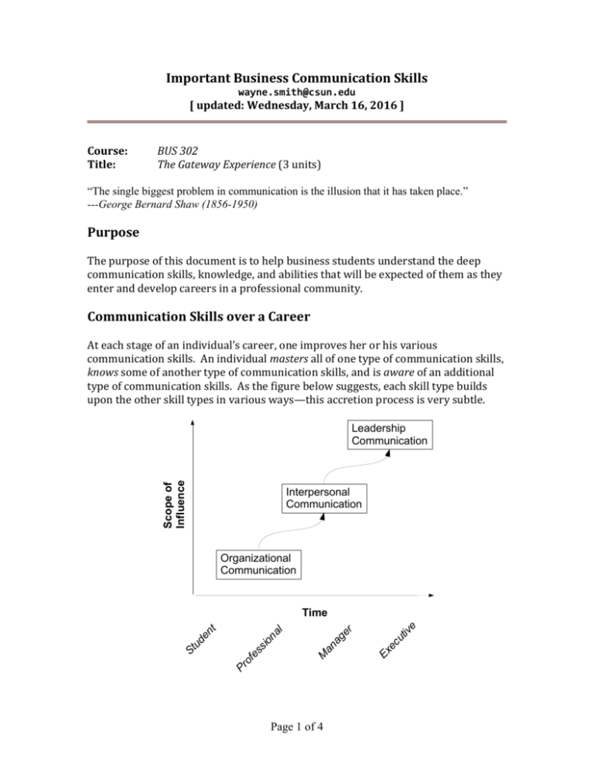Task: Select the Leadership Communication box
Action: (389, 434)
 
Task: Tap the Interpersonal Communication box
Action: (323, 497)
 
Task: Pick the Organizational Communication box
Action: (257, 564)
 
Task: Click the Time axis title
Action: (314, 612)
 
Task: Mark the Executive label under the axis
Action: (399, 639)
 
